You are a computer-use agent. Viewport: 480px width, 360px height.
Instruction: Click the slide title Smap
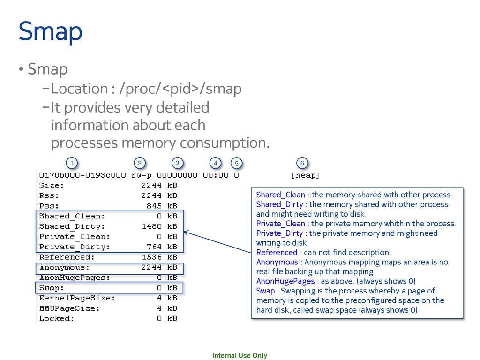51,31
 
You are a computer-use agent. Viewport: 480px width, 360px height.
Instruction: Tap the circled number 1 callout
71,163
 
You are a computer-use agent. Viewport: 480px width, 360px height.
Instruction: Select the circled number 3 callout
177,163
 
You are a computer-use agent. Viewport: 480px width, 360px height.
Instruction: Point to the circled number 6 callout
302,163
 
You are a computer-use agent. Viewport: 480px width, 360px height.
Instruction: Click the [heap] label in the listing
305,175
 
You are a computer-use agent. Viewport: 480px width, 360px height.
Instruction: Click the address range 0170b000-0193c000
82,175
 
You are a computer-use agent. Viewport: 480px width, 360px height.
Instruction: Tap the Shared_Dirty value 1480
152,226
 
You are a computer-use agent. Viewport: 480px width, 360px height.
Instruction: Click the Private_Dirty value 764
154,247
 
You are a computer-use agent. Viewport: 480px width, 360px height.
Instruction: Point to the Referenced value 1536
152,257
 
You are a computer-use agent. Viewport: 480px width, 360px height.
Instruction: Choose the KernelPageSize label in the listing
77,298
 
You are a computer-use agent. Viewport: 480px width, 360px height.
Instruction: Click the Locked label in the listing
56,319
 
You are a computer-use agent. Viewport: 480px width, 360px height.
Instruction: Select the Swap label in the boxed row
52,288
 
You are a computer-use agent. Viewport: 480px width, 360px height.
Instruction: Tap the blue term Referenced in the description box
277,252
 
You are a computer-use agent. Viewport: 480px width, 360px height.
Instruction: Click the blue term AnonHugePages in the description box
285,281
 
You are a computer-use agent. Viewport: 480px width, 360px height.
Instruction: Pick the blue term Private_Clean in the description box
280,224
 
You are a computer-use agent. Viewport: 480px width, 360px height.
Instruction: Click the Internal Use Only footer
240,355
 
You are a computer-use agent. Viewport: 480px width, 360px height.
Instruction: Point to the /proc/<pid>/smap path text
181,88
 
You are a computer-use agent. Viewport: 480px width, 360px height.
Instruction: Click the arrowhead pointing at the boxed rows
186,232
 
